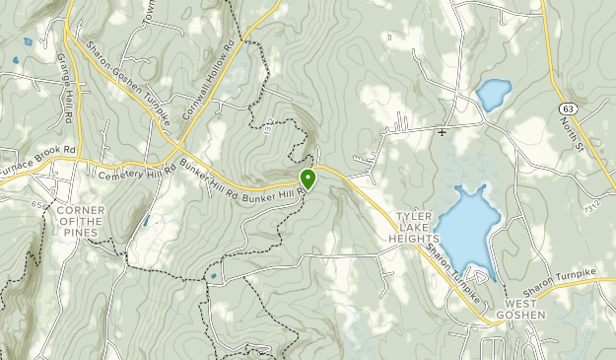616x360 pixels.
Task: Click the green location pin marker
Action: (308, 179)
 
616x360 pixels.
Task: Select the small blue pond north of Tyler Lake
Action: (493, 95)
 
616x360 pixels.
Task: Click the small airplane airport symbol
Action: (444, 132)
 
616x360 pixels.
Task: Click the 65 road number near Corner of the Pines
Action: (36, 204)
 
